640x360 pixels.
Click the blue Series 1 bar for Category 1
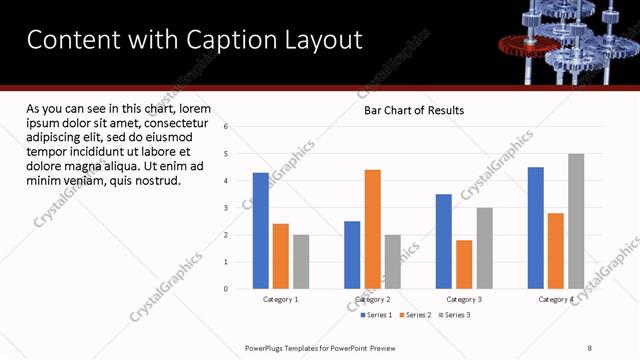[x=261, y=231]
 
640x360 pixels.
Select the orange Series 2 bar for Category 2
[x=372, y=229]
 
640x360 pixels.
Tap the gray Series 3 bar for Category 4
[x=576, y=221]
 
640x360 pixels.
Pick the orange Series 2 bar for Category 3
[x=464, y=264]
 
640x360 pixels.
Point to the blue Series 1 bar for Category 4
[x=536, y=228]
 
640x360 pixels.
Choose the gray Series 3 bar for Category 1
[x=301, y=262]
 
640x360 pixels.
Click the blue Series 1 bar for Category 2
[x=352, y=255]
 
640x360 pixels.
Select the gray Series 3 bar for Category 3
[x=484, y=248]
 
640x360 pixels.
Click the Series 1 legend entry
[x=377, y=315]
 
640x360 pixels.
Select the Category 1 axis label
[x=281, y=299]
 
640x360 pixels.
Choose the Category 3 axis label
[x=464, y=299]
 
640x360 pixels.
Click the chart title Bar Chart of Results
[x=413, y=111]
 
